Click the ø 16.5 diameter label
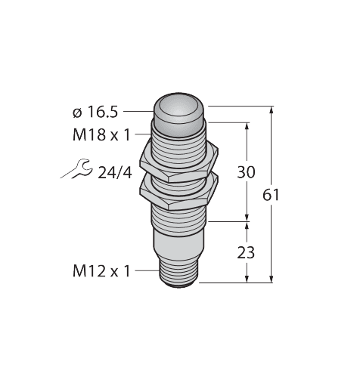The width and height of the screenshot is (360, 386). (95, 112)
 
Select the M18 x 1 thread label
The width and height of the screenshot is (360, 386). (101, 135)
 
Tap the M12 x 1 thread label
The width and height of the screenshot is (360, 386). (101, 271)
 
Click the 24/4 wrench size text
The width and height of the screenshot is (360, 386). (115, 173)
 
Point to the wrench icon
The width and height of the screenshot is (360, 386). (76, 169)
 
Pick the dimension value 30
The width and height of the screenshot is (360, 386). (246, 172)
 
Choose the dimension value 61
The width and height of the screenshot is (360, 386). (271, 195)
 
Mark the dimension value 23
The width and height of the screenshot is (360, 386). (246, 252)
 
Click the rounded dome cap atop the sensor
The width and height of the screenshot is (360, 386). (179, 111)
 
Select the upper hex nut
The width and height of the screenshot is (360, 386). (179, 164)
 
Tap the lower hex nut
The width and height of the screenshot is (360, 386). (179, 193)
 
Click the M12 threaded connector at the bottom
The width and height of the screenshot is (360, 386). (179, 274)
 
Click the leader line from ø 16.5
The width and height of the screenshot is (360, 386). (138, 111)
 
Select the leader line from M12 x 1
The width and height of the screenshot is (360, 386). (147, 271)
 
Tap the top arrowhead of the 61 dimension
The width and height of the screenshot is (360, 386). (272, 110)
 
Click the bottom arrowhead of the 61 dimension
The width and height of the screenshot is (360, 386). (272, 278)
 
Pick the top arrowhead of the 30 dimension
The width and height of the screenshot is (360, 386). (247, 127)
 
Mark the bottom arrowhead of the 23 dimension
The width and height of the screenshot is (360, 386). (247, 278)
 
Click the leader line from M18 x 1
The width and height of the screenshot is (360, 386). (143, 134)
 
